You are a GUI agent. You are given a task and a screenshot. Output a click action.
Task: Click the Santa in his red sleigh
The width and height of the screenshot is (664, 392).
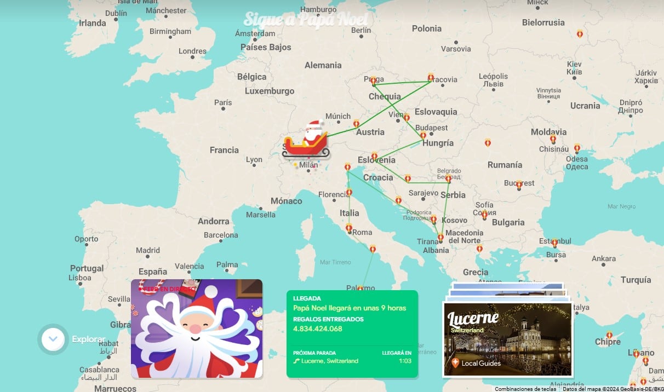click(307, 141)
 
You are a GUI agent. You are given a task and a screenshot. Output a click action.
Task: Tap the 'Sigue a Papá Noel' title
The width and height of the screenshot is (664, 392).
click(306, 19)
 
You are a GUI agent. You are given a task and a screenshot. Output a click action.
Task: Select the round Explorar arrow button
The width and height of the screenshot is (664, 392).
click(53, 339)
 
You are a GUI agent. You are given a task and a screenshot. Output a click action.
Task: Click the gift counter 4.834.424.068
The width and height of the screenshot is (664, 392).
click(317, 329)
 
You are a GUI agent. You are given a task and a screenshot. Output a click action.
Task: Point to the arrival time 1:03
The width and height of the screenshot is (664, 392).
click(405, 361)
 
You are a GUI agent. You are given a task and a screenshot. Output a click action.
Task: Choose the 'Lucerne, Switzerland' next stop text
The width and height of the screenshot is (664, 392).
click(329, 361)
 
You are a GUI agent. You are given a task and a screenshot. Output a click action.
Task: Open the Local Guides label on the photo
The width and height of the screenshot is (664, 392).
click(480, 363)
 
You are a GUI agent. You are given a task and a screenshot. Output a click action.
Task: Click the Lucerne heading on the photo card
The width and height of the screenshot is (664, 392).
click(473, 318)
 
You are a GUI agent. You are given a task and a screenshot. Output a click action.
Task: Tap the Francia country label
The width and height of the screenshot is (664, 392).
click(224, 150)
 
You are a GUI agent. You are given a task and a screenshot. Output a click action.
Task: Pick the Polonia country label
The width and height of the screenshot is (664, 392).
click(426, 28)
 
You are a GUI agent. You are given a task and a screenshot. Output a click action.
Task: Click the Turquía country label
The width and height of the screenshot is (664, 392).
click(636, 280)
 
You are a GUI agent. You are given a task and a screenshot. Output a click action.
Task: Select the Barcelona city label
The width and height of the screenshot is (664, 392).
click(221, 235)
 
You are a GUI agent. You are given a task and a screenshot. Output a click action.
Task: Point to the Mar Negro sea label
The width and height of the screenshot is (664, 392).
click(621, 206)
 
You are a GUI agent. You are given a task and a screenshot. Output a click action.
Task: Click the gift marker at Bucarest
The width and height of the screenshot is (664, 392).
click(519, 185)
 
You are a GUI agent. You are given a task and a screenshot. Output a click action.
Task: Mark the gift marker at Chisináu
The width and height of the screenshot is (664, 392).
click(553, 140)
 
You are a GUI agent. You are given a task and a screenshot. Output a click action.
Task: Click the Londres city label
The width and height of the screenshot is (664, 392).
click(192, 51)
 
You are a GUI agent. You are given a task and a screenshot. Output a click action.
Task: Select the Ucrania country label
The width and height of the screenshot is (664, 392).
click(585, 106)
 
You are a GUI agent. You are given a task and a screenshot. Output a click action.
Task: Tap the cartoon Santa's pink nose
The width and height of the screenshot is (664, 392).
click(194, 329)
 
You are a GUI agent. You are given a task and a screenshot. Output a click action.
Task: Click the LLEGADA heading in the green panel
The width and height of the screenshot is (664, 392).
click(307, 298)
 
